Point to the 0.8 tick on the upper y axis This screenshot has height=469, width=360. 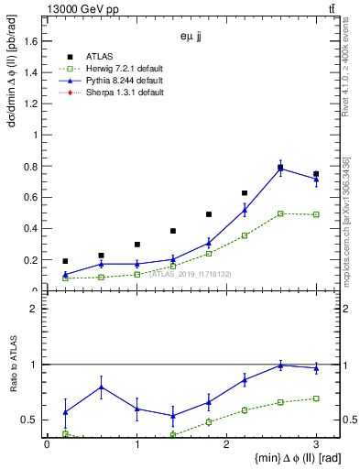35,166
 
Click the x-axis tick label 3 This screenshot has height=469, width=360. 316,445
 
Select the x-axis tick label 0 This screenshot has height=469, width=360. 47,445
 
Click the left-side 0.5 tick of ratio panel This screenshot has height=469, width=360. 34,420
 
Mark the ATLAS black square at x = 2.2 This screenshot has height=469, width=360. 245,193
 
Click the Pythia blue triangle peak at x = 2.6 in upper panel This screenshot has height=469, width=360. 280,169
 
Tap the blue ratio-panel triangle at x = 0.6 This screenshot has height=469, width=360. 101,387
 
